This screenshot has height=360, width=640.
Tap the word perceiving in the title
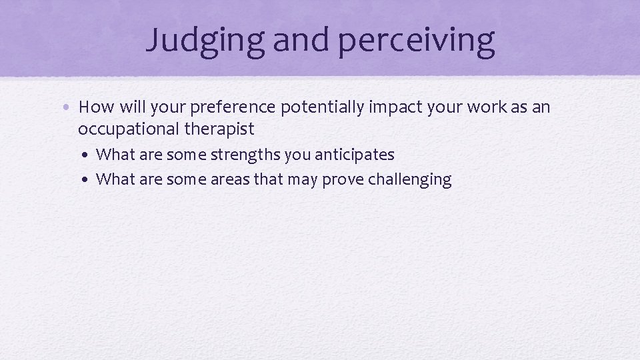[417, 40]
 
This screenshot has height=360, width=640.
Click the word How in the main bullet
[95, 107]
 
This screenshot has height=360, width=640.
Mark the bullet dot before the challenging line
[88, 180]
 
